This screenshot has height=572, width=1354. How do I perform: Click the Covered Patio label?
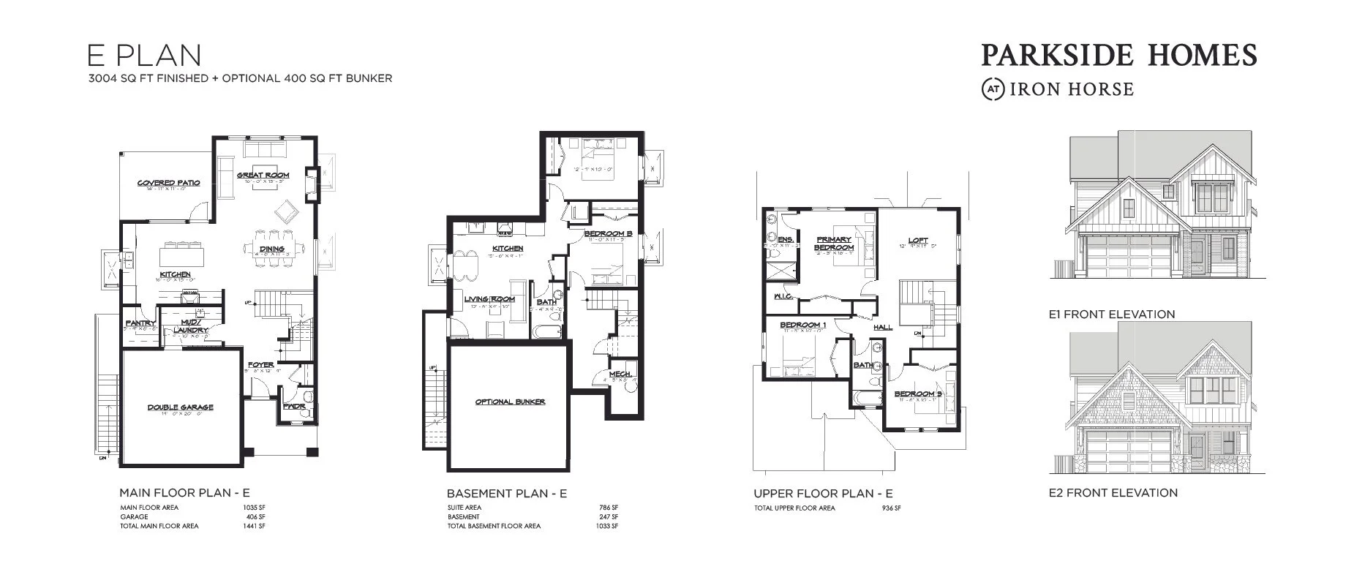[x=168, y=183]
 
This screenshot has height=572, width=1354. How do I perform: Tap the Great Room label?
[x=263, y=176]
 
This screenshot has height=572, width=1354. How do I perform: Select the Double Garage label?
[x=180, y=407]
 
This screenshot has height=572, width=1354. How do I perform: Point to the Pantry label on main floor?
[x=140, y=323]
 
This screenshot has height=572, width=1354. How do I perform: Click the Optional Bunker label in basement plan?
[x=510, y=402]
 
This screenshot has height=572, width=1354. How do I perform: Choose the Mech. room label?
[x=620, y=374]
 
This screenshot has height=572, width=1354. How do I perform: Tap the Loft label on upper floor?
[x=918, y=241]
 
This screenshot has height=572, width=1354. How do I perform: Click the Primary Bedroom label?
[x=835, y=244]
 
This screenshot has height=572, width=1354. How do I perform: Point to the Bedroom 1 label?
[x=802, y=325]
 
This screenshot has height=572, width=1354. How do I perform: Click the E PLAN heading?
[x=143, y=56]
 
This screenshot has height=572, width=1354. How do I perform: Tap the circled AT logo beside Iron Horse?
[x=993, y=89]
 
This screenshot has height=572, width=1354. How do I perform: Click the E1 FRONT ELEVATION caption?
[x=1111, y=315]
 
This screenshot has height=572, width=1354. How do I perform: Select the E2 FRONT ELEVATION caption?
[x=1113, y=493]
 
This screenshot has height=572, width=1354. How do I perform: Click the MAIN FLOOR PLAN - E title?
[x=184, y=493]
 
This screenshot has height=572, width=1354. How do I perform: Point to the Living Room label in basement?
[x=489, y=299]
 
